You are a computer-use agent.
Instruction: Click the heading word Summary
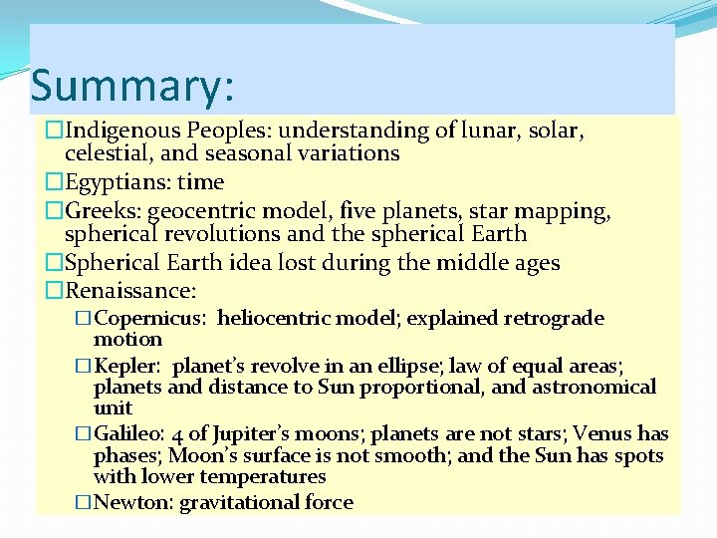coord(132,86)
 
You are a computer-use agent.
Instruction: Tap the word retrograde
coord(554,319)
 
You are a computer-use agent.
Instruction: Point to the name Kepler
coord(126,367)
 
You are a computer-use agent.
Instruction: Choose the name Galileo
coord(129,434)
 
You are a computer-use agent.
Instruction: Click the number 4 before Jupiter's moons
coord(177,435)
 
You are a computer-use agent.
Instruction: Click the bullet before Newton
coord(84,503)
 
